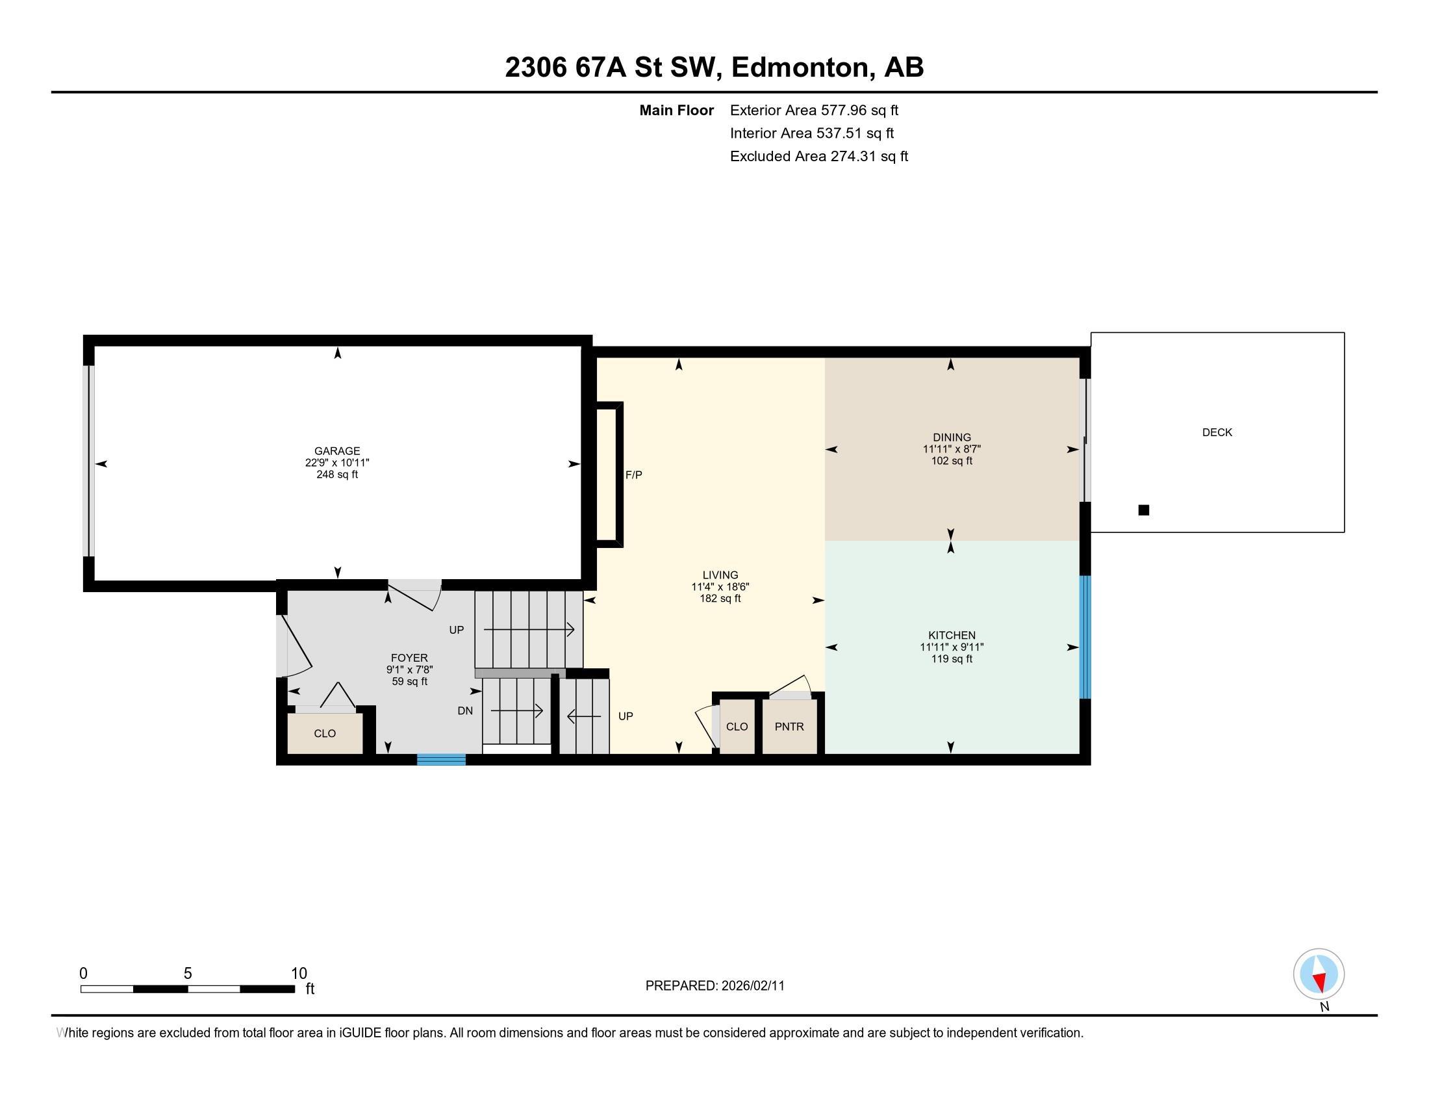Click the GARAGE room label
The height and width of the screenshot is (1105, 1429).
tap(337, 451)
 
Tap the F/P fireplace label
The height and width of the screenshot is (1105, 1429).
tap(633, 475)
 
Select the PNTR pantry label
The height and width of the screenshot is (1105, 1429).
tap(789, 727)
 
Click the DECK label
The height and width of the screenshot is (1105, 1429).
tap(1217, 433)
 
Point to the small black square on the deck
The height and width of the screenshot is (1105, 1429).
tap(1144, 510)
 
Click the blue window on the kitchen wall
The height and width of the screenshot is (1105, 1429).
tap(1085, 637)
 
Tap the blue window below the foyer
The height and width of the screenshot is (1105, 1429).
tap(442, 759)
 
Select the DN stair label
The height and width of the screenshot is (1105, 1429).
tap(465, 711)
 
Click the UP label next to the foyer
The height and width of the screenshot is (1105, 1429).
tap(456, 630)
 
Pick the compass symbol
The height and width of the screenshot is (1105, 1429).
tap(1319, 974)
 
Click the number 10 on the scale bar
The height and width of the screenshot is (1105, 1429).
tap(299, 974)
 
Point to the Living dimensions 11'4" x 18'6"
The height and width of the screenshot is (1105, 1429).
tap(720, 587)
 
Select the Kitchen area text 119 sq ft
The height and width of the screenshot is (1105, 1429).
tap(952, 658)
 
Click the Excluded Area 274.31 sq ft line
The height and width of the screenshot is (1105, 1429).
tap(819, 157)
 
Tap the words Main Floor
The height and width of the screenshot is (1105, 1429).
tap(677, 110)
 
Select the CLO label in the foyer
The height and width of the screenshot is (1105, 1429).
tap(325, 734)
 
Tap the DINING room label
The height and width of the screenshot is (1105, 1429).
tap(952, 437)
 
